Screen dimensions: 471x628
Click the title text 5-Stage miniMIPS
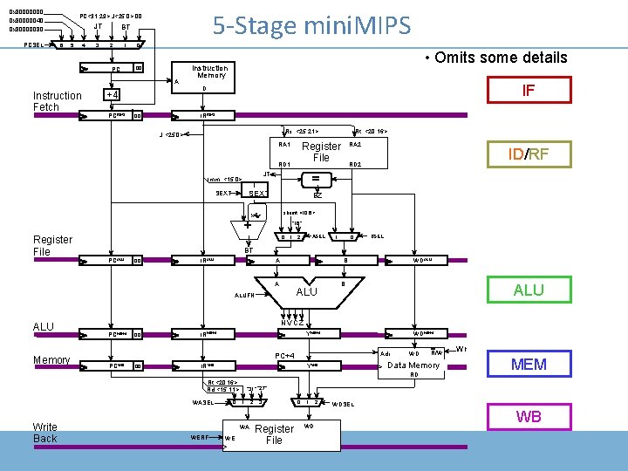click(311, 25)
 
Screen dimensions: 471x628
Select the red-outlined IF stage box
click(528, 90)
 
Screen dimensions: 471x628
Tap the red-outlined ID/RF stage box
click(528, 155)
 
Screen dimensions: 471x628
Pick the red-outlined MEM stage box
click(528, 364)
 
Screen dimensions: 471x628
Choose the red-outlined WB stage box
click(528, 417)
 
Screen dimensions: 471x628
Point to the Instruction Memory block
click(209, 72)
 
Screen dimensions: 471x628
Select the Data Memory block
click(413, 365)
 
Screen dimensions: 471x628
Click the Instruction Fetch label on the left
click(57, 101)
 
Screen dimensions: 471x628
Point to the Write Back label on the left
click(45, 433)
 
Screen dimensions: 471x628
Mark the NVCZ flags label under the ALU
click(292, 322)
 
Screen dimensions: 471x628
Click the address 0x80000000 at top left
click(25, 12)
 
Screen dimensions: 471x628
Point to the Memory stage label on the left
click(51, 360)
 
